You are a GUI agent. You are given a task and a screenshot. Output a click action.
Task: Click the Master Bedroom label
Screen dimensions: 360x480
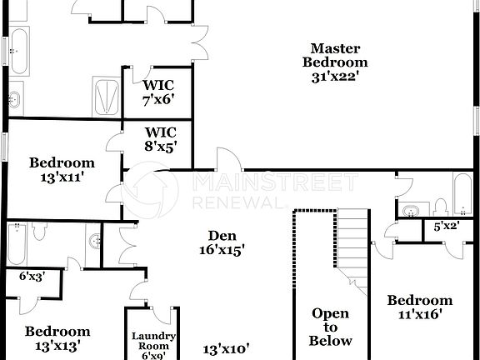point(335,55)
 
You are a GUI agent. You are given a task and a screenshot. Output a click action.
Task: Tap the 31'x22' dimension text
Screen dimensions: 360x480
point(335,77)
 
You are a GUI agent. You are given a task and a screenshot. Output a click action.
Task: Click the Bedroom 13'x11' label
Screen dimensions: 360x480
point(62,169)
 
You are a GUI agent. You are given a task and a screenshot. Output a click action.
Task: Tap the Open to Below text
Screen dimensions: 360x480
point(330,327)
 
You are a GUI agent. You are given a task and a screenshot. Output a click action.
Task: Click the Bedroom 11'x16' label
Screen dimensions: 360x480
point(420,307)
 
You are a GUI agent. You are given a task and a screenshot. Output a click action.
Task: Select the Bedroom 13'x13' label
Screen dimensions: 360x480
point(57,337)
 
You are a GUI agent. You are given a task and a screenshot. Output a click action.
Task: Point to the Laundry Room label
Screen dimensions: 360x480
point(154,342)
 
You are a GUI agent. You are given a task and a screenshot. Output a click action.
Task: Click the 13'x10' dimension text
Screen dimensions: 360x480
point(227,349)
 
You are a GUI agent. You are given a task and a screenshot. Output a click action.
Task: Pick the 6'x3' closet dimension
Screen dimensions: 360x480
point(32,275)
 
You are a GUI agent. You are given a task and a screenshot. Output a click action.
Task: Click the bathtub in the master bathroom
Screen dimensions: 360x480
point(18,51)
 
